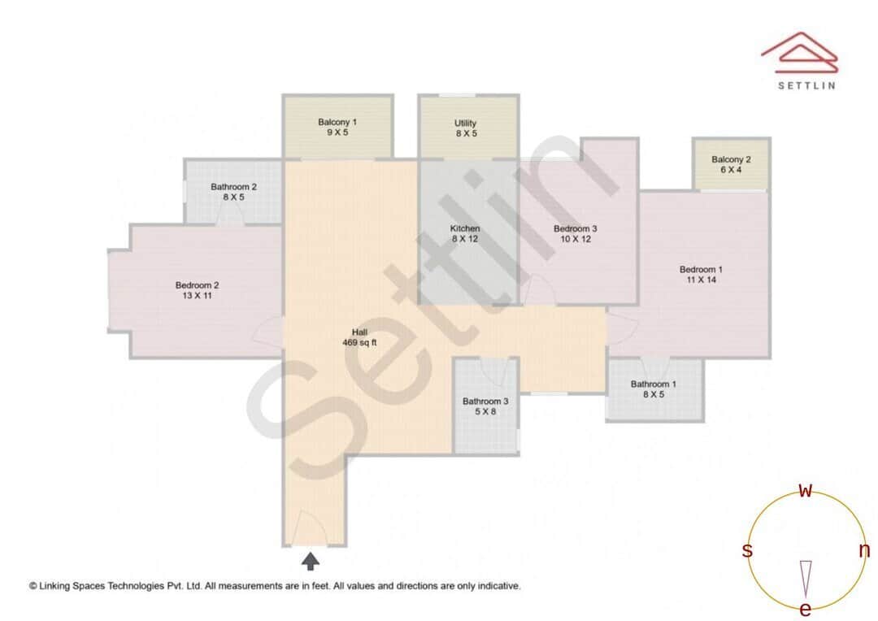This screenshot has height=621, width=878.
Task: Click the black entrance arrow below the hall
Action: [311, 560]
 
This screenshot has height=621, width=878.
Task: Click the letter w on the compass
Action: [806, 490]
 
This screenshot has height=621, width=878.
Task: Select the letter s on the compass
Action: [747, 551]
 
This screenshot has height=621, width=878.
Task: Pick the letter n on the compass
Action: [864, 551]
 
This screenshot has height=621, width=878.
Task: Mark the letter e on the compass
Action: [806, 610]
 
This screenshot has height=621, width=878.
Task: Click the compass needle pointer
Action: [806, 577]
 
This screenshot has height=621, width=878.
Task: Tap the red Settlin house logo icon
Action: [798, 51]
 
